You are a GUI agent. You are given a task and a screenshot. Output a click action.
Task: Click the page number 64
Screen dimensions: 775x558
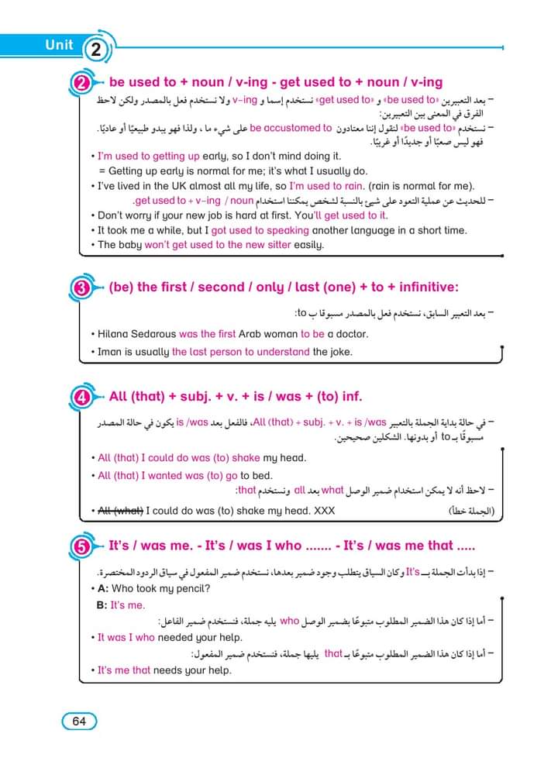(x=79, y=721)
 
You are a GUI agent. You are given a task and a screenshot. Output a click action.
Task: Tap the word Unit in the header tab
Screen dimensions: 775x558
(x=60, y=45)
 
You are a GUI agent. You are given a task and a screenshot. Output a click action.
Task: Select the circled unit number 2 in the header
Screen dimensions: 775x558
(x=96, y=51)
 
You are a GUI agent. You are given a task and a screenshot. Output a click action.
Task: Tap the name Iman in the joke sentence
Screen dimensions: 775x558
(x=111, y=352)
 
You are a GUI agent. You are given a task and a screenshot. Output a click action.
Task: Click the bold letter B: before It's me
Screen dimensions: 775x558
(x=102, y=605)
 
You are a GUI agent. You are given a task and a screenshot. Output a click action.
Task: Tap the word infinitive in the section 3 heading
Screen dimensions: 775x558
(x=425, y=288)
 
